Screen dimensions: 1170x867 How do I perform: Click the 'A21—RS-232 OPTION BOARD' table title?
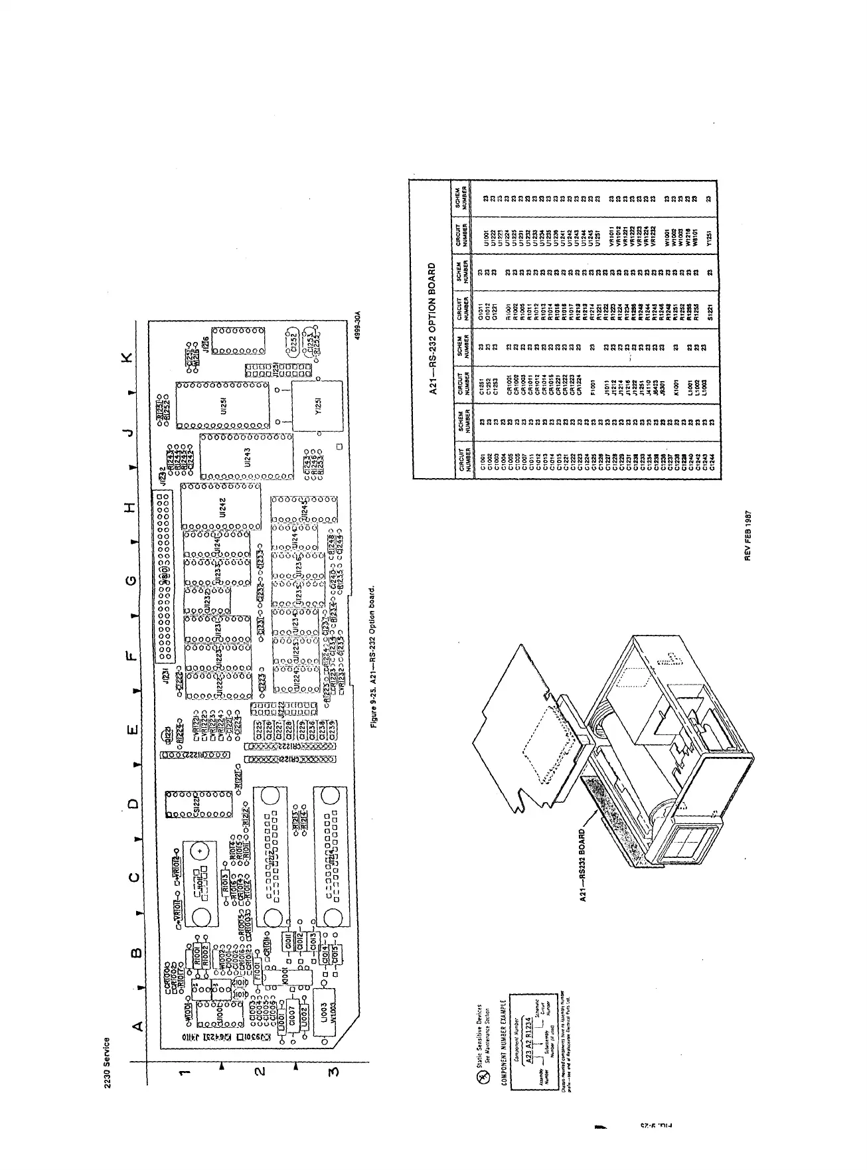432,329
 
